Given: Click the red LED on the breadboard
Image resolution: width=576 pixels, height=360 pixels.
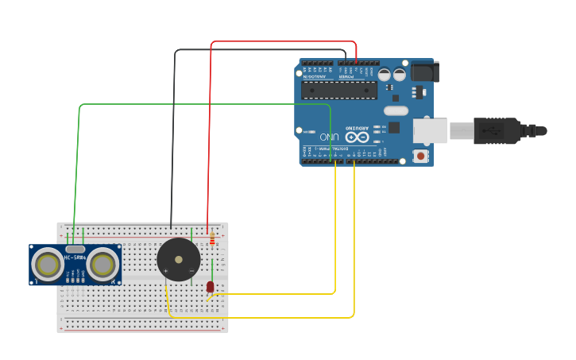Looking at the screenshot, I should pyautogui.click(x=211, y=286).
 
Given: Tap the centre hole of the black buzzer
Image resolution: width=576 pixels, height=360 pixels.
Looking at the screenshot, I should pyautogui.click(x=179, y=259).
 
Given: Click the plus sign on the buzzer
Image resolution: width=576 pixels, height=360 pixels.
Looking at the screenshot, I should pyautogui.click(x=166, y=272).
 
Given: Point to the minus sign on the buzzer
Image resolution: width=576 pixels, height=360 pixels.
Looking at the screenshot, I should pyautogui.click(x=191, y=272).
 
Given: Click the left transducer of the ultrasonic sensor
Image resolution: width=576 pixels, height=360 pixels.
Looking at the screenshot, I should pyautogui.click(x=48, y=265).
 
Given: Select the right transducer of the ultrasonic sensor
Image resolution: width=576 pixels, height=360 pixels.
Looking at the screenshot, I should pyautogui.click(x=102, y=265).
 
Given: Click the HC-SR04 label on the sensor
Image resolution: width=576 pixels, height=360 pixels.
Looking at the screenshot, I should pyautogui.click(x=75, y=257).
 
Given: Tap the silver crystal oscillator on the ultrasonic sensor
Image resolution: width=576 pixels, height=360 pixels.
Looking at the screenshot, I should pyautogui.click(x=75, y=249).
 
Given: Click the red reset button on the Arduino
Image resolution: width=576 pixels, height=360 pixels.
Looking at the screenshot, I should pyautogui.click(x=420, y=157).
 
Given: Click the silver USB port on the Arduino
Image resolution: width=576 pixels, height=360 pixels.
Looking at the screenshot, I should pyautogui.click(x=430, y=130).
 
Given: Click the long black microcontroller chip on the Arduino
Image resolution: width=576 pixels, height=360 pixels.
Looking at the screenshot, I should pyautogui.click(x=339, y=90).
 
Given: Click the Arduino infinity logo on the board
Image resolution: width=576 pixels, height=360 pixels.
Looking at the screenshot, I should pyautogui.click(x=358, y=137).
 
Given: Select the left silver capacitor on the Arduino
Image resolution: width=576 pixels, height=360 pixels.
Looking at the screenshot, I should pyautogui.click(x=385, y=75).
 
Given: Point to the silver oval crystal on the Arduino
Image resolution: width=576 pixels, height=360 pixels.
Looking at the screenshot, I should pyautogui.click(x=396, y=110).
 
